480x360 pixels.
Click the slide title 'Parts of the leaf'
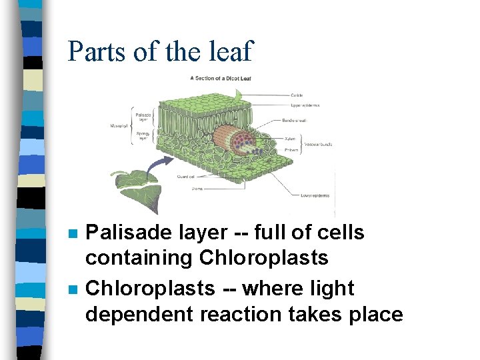pos(160,51)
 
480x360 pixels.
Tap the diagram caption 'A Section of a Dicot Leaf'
pos(220,78)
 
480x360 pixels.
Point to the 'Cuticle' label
pos(297,95)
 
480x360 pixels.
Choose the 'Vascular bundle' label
pos(319,143)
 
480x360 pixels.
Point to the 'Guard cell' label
pos(187,177)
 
